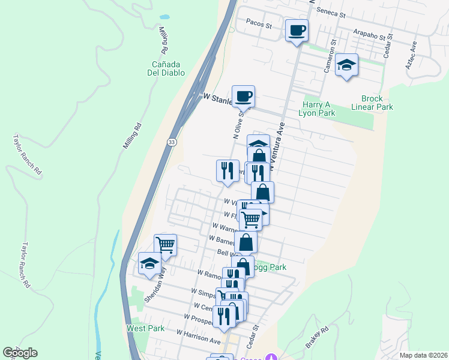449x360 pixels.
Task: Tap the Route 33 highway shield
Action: coord(172,142)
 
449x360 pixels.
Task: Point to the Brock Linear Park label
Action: coord(377,103)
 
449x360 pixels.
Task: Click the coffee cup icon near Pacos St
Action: coord(297,30)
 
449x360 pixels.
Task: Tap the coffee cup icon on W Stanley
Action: coord(243,96)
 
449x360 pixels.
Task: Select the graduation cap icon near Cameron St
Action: coord(346,65)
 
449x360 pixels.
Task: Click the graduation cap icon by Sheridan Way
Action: coord(149,263)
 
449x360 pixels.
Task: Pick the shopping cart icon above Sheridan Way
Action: coord(165,245)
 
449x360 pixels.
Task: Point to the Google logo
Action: coord(20,353)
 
